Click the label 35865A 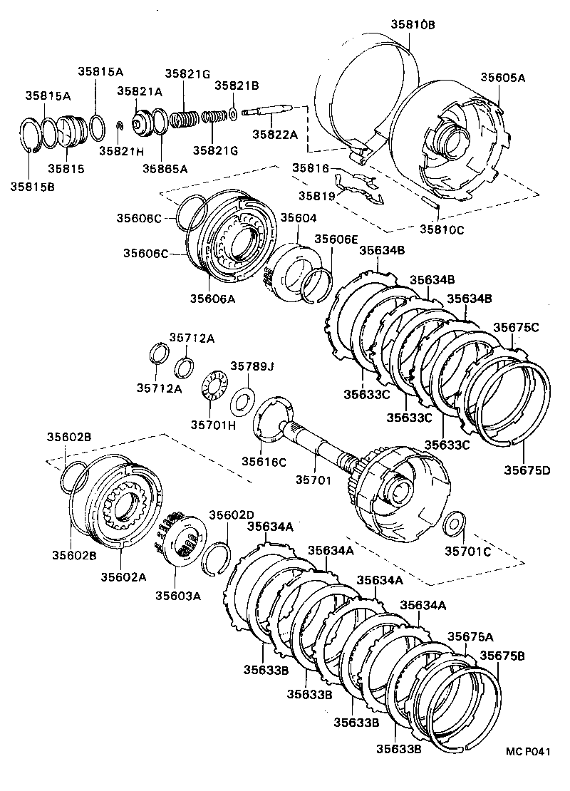pyautogui.click(x=164, y=168)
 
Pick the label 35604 pyautogui.click(x=298, y=218)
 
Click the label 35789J pyautogui.click(x=252, y=366)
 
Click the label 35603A pyautogui.click(x=178, y=596)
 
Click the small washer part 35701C pyautogui.click(x=453, y=525)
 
